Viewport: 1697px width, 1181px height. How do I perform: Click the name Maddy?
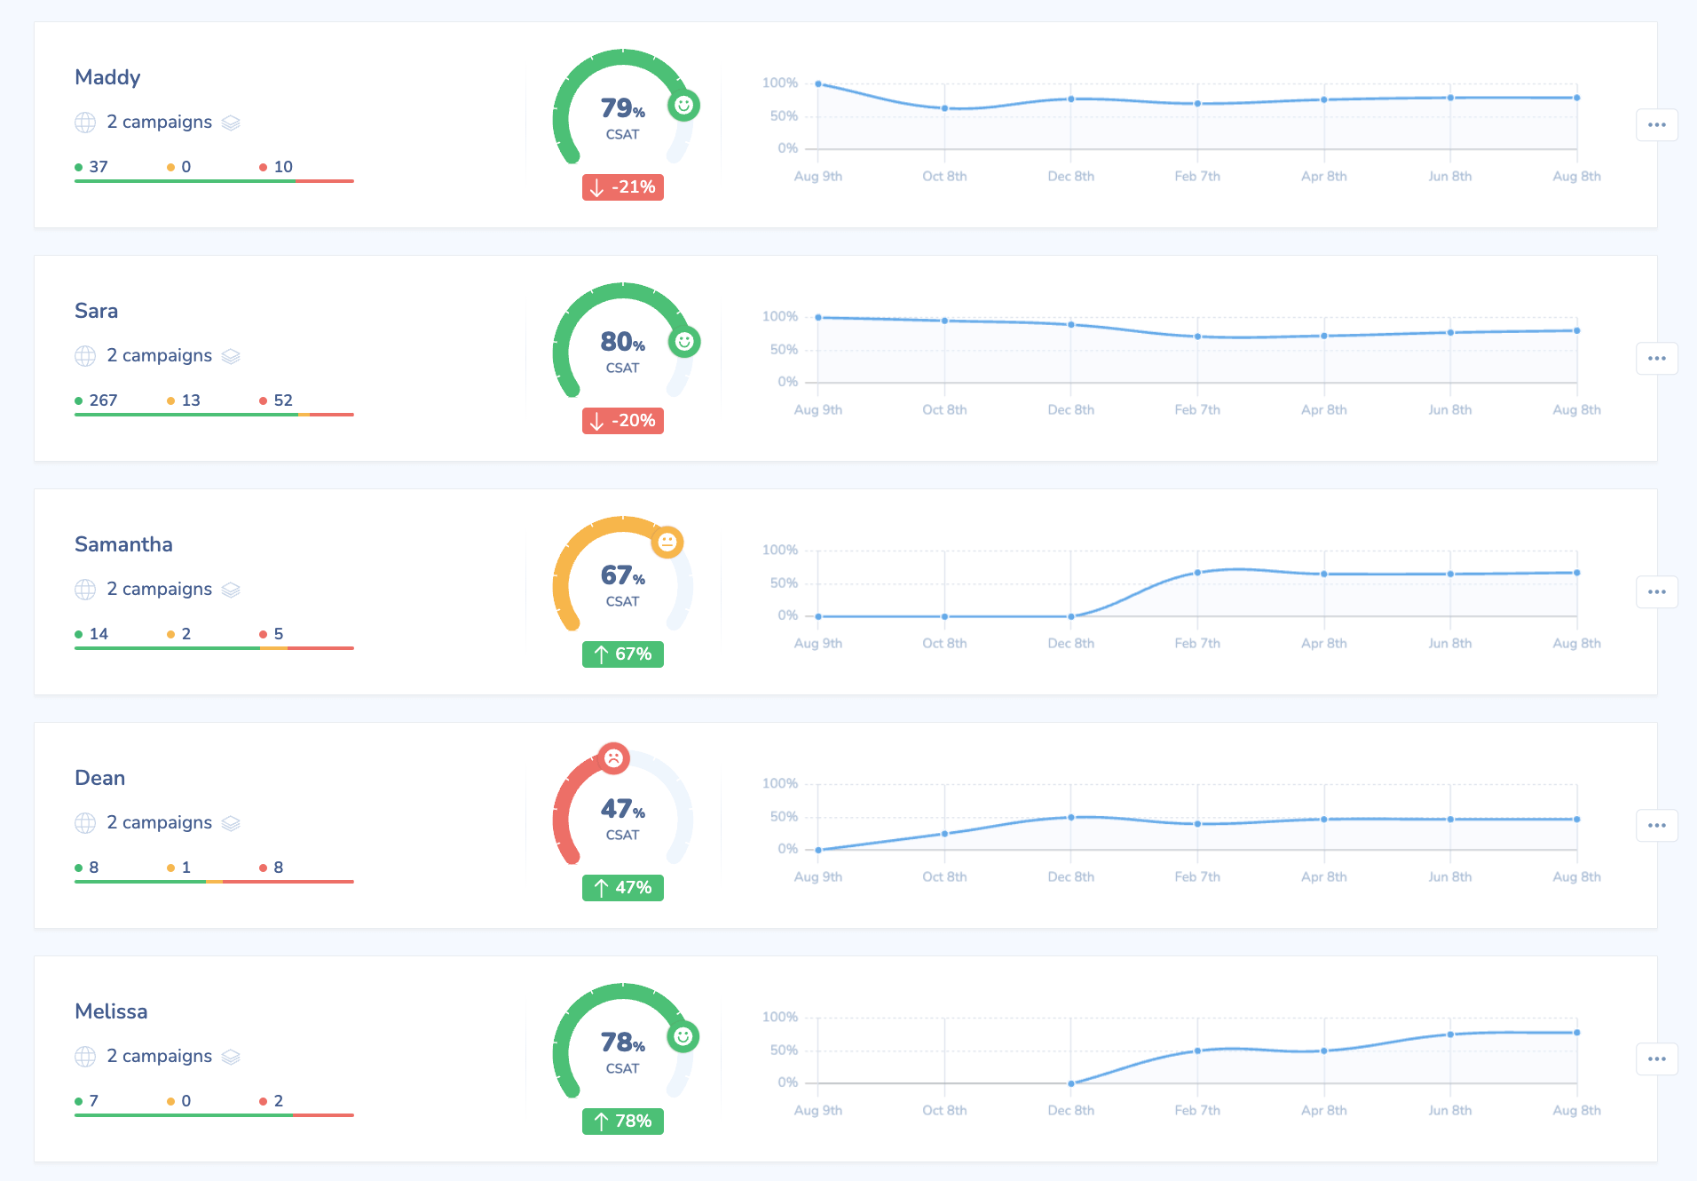[x=107, y=77]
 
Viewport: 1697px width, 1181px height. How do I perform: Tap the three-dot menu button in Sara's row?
[x=1656, y=359]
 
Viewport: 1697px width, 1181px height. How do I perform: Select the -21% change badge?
[x=623, y=187]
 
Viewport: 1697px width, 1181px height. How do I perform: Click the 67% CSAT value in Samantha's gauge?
[x=622, y=575]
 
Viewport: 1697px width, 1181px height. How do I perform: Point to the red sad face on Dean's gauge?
[x=613, y=758]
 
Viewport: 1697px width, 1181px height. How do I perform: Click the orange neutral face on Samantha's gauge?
[x=667, y=542]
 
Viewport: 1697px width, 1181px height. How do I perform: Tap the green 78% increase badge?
[x=623, y=1122]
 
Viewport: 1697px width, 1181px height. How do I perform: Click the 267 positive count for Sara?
[x=103, y=400]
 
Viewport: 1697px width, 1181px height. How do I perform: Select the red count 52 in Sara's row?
[x=282, y=400]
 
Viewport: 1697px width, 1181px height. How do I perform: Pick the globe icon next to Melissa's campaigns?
[x=85, y=1057]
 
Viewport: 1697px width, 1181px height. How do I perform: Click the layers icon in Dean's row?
[x=231, y=823]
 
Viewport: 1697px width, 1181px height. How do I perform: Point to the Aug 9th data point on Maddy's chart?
[x=818, y=83]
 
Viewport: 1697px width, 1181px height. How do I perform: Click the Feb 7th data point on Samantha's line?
[x=1197, y=573]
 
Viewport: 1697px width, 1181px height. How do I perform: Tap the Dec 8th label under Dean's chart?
[x=1070, y=877]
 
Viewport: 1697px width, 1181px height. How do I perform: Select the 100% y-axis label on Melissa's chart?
[x=780, y=1018]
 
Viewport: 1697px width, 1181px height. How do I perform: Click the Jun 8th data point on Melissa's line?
[x=1450, y=1034]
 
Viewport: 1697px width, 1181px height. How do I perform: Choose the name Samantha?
[x=123, y=544]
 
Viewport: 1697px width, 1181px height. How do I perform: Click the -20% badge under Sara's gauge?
[x=623, y=421]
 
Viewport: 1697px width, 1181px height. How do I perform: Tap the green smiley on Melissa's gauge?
[x=683, y=1036]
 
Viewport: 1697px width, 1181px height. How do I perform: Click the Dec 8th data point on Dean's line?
[x=1071, y=817]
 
